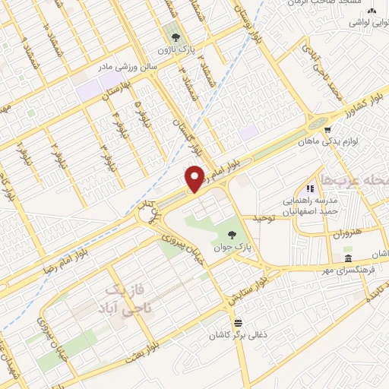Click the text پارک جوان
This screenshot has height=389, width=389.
(231, 248)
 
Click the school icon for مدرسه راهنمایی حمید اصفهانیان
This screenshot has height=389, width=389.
(309, 188)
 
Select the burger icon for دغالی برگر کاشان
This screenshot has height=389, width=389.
(239, 321)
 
